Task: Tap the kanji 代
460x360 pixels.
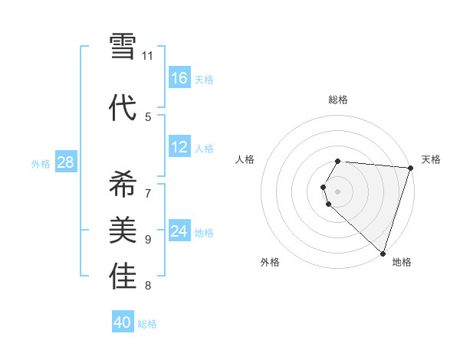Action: pyautogui.click(x=123, y=107)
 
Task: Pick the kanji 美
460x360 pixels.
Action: pyautogui.click(x=123, y=230)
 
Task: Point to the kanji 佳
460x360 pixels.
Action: pyautogui.click(x=123, y=277)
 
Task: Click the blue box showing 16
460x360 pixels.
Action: pyautogui.click(x=179, y=78)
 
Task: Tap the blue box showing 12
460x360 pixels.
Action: pyautogui.click(x=179, y=147)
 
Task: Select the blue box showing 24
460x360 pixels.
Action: pyautogui.click(x=179, y=231)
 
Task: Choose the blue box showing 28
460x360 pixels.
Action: pyautogui.click(x=66, y=162)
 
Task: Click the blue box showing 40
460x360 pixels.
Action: pyautogui.click(x=123, y=322)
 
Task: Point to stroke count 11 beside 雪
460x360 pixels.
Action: pyautogui.click(x=148, y=56)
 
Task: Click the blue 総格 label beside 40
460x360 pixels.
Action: pyautogui.click(x=147, y=324)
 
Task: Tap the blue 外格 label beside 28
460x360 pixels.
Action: pyautogui.click(x=41, y=163)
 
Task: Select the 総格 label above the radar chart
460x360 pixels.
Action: pyautogui.click(x=338, y=100)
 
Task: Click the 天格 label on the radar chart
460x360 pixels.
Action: pyautogui.click(x=431, y=159)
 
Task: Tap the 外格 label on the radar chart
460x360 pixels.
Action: pyautogui.click(x=270, y=262)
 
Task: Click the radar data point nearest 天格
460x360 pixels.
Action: pyautogui.click(x=409, y=168)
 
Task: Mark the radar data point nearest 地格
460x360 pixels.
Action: pyautogui.click(x=383, y=253)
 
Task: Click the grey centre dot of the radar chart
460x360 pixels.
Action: pyautogui.click(x=338, y=191)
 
